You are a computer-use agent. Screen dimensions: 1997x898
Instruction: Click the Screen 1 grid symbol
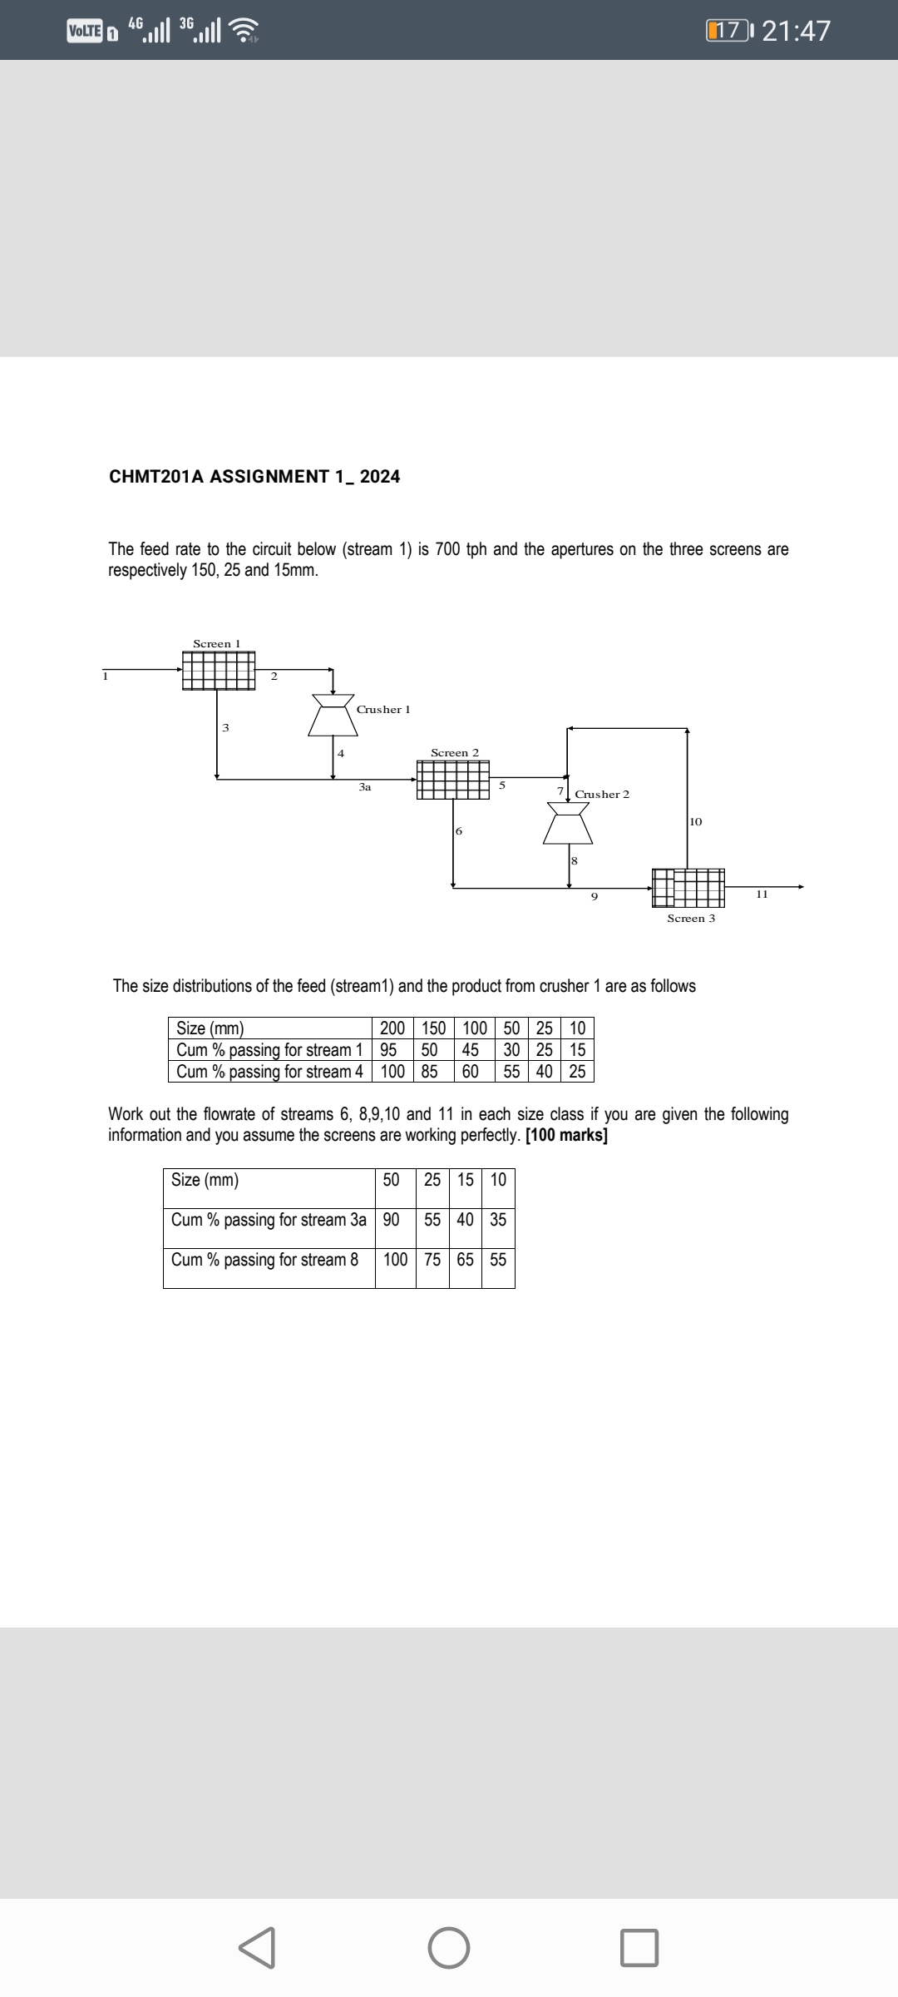coord(219,671)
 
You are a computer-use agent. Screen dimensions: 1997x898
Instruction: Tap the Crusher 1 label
coord(383,710)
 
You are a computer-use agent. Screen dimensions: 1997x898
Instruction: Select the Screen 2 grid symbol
coord(453,780)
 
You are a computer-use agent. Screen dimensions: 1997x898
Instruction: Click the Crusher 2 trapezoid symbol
coord(568,824)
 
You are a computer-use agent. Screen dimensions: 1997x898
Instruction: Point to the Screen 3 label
coord(691,919)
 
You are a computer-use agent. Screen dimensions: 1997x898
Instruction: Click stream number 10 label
coord(696,821)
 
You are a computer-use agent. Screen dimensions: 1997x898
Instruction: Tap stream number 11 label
coord(762,894)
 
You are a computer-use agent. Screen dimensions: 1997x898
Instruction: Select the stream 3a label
coord(365,786)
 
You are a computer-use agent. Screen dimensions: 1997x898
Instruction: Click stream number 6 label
coord(459,831)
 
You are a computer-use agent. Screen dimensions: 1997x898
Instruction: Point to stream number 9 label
coord(594,897)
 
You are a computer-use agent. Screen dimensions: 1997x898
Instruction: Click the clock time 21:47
coord(796,31)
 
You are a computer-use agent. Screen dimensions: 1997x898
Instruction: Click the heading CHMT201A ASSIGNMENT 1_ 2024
coord(254,477)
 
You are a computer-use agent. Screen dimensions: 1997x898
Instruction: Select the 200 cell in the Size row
coord(392,1028)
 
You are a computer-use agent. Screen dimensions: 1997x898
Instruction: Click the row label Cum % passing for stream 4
coord(269,1072)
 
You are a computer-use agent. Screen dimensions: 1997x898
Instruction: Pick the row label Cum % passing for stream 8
coord(264,1260)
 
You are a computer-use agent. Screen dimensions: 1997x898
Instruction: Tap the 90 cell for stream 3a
coord(391,1220)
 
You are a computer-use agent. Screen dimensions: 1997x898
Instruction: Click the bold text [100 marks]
coord(567,1136)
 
